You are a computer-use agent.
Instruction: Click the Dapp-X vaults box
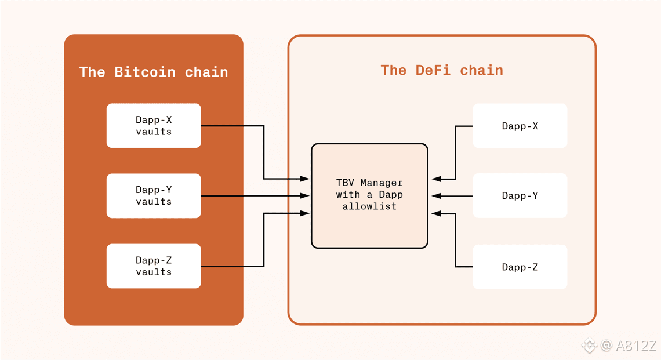[x=154, y=126]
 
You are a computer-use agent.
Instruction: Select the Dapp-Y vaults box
[x=154, y=195]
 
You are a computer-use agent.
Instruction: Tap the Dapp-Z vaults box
[x=154, y=266]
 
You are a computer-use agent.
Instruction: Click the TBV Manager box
[x=369, y=195]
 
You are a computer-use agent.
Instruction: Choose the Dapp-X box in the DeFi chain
[x=520, y=126]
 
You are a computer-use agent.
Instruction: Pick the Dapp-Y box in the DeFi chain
[x=520, y=195]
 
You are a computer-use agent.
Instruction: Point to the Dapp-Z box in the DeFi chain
[x=520, y=267]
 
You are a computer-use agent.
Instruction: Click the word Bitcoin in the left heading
[x=144, y=72]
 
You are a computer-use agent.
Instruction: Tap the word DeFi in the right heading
[x=433, y=70]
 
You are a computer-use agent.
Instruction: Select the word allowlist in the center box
[x=369, y=206]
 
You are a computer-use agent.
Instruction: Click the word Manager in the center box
[x=382, y=183]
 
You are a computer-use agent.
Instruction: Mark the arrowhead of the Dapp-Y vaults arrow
[x=305, y=195]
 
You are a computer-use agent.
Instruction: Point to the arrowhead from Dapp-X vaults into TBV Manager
[x=305, y=179]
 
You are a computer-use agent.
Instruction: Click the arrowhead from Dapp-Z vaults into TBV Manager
[x=305, y=213]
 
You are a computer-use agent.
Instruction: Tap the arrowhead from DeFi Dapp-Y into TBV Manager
[x=437, y=196]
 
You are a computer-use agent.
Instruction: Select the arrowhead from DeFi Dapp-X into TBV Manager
[x=437, y=179]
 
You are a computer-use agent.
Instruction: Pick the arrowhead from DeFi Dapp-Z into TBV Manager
[x=437, y=214]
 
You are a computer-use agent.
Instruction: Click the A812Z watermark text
[x=636, y=346]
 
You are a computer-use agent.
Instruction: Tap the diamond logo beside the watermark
[x=590, y=346]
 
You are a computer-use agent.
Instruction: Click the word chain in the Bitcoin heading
[x=206, y=72]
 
